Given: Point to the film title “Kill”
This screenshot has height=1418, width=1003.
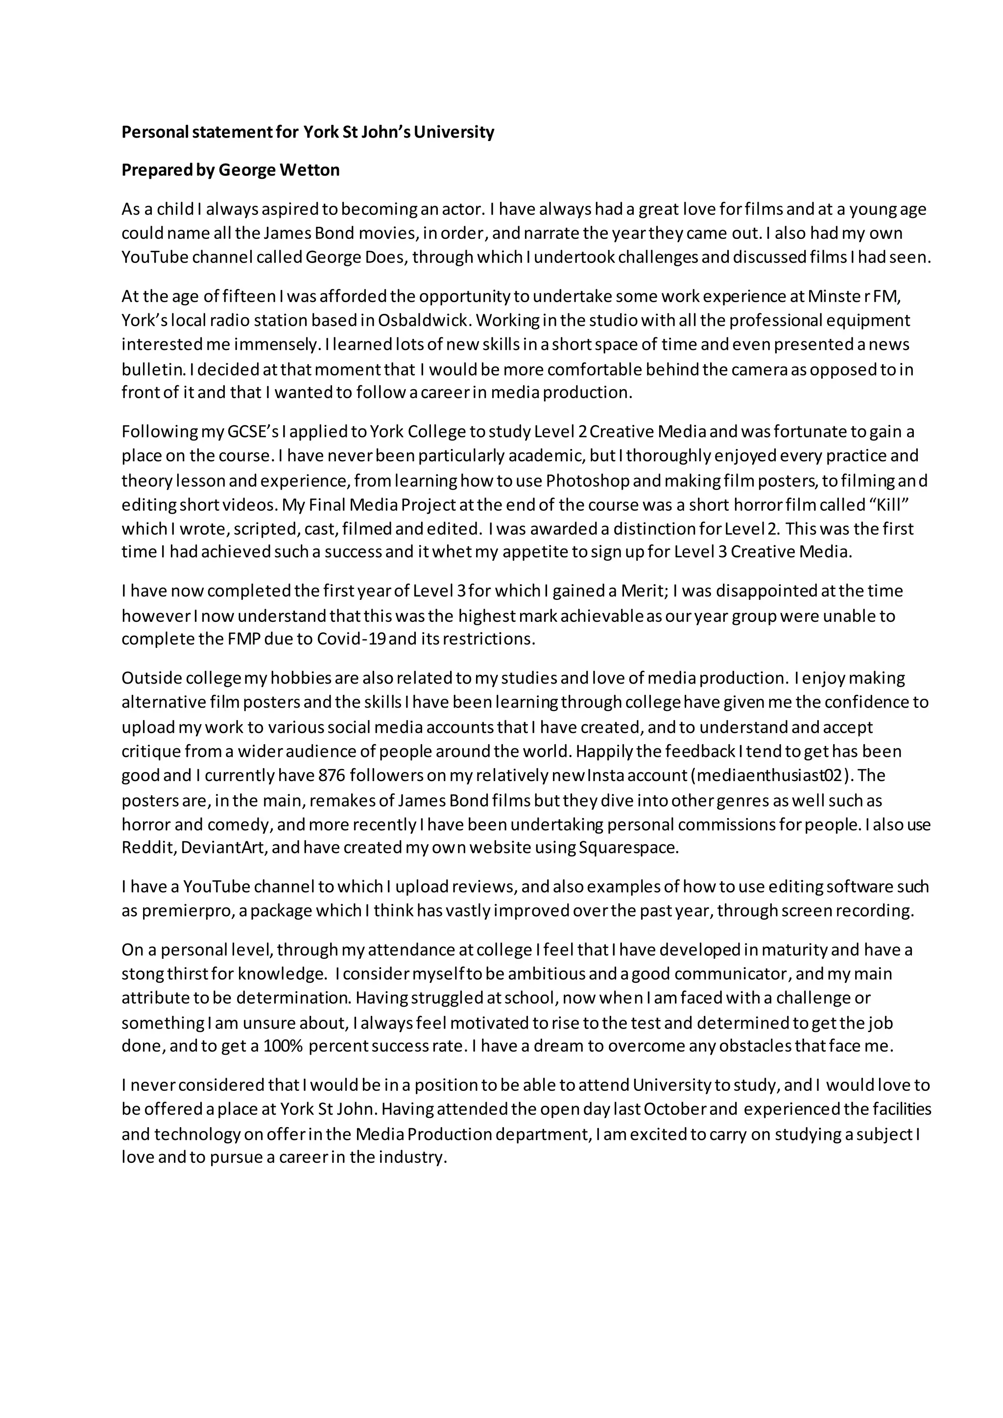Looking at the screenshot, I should (889, 505).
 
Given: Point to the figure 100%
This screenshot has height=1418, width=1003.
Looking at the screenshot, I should (283, 1046).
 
